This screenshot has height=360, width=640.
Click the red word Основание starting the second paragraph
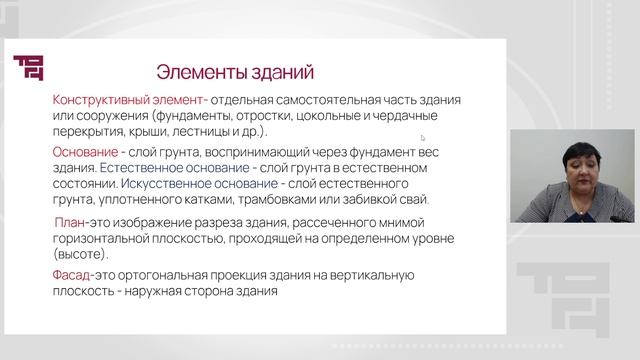point(90,152)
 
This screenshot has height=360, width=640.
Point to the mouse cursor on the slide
point(422,137)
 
